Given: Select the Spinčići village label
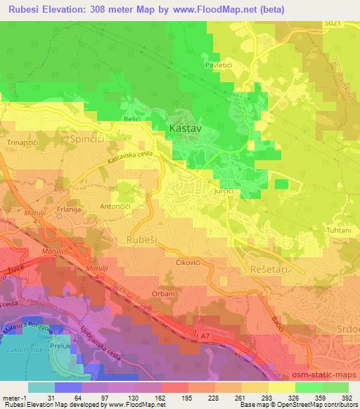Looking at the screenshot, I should tap(87, 141).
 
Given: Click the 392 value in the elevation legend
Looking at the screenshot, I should tap(347, 397).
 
